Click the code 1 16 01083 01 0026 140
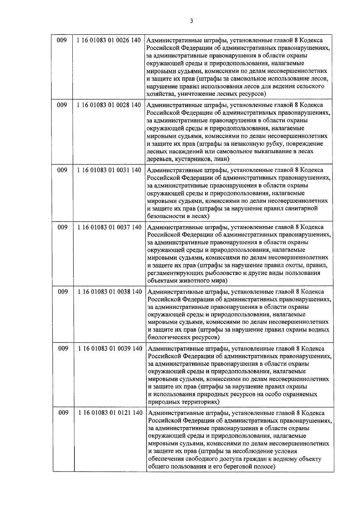(x=109, y=40)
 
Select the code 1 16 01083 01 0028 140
(x=109, y=105)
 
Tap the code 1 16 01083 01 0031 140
(x=109, y=170)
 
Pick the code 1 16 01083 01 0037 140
(x=109, y=227)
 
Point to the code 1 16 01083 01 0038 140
(x=110, y=292)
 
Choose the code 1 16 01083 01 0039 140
(x=110, y=348)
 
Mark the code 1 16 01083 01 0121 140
(x=110, y=413)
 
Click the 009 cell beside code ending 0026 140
(x=61, y=40)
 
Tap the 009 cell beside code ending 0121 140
(x=63, y=413)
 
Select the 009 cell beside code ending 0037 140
(x=62, y=227)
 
